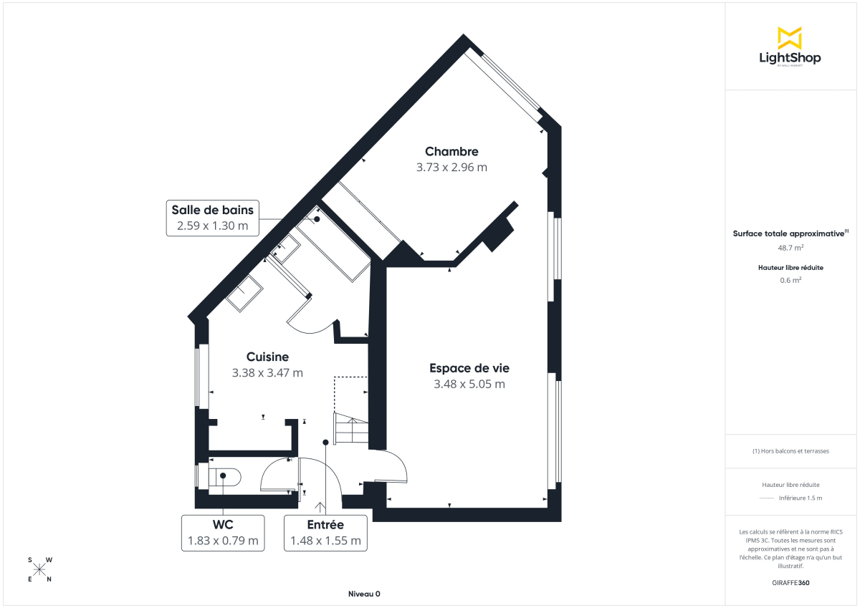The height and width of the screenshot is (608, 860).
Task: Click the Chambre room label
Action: [x=451, y=151]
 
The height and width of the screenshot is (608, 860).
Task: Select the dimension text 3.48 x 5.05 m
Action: [x=469, y=384]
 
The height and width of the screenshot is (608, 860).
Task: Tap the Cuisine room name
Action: [x=267, y=357]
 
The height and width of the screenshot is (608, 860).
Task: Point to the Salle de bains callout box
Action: [x=212, y=218]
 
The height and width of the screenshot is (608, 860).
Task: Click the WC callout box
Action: [x=223, y=533]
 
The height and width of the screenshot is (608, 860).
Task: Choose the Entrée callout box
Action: [x=325, y=533]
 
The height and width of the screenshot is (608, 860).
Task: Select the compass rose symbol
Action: [x=39, y=569]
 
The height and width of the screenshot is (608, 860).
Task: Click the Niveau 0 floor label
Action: [x=364, y=594]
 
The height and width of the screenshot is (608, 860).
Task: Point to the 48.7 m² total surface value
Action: [x=790, y=248]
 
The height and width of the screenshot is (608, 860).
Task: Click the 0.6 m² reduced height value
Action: [x=790, y=280]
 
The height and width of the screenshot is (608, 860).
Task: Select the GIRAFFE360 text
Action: [x=790, y=583]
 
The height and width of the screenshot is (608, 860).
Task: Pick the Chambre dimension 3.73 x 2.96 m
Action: [x=451, y=168]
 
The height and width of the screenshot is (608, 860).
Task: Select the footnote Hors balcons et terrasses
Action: [x=790, y=451]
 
